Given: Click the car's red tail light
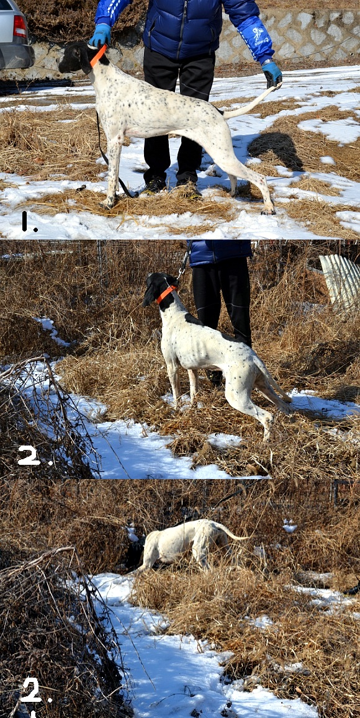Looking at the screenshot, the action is pyautogui.click(x=19, y=26).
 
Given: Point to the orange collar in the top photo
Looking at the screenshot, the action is pyautogui.click(x=98, y=55).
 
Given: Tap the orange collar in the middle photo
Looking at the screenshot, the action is pyautogui.click(x=166, y=294).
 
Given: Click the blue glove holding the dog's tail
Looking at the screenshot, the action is pyautogui.click(x=272, y=74).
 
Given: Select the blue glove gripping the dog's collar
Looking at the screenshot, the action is pyautogui.click(x=100, y=35).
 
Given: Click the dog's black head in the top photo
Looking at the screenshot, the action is pyautogui.click(x=76, y=57).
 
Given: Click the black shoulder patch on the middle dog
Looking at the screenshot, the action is pyautogui.click(x=193, y=319).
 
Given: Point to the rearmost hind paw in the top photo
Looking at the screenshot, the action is pyautogui.click(x=268, y=210).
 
